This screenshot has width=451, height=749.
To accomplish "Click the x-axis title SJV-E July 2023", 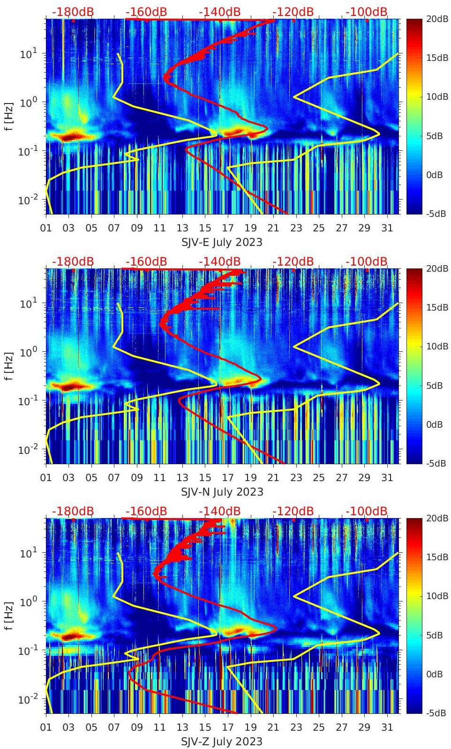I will click(x=222, y=242).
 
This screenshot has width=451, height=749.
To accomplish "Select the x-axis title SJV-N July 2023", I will click(x=222, y=492).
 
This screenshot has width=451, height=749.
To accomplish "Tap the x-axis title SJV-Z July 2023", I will click(x=222, y=742).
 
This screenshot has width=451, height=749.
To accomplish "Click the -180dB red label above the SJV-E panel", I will click(x=73, y=12).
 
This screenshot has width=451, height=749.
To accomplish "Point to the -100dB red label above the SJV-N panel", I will click(x=367, y=261).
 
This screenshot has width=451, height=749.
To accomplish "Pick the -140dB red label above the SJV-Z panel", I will click(x=219, y=511).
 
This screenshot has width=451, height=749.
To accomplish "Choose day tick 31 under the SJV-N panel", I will click(x=387, y=478).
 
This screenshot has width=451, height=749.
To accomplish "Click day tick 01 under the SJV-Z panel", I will click(x=46, y=727).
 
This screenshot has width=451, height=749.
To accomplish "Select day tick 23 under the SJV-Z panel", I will click(x=296, y=727).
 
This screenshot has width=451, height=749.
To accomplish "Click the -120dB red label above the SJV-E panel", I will click(x=293, y=12).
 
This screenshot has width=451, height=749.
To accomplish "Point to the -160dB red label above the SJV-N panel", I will click(x=146, y=261).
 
